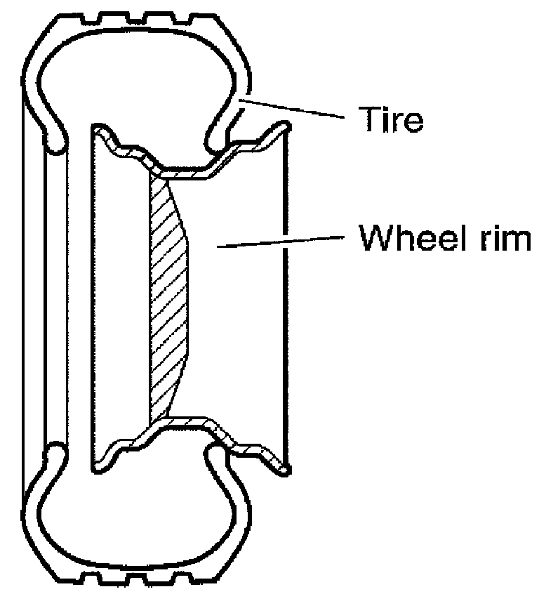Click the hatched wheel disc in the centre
tap(168, 295)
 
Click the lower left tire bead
tap(55, 453)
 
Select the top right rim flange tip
tap(285, 126)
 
